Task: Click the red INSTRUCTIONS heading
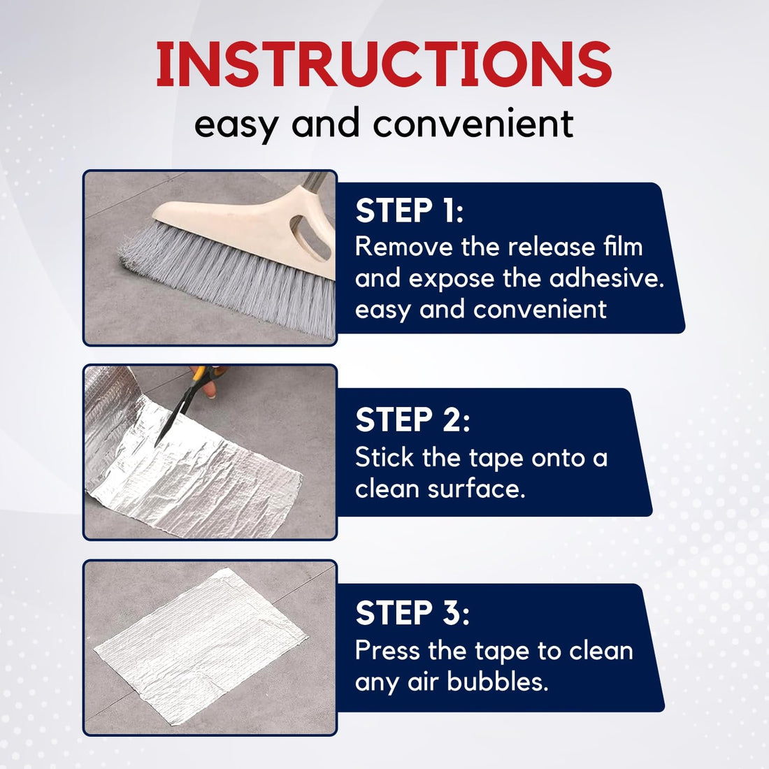[x=384, y=65]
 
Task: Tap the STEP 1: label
[x=410, y=210]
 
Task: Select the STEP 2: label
[x=412, y=420]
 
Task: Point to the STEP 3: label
[x=412, y=613]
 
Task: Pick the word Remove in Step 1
[x=403, y=247]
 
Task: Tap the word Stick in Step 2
[x=384, y=458]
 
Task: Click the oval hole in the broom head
[x=307, y=231]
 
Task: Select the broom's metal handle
[x=315, y=182]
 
